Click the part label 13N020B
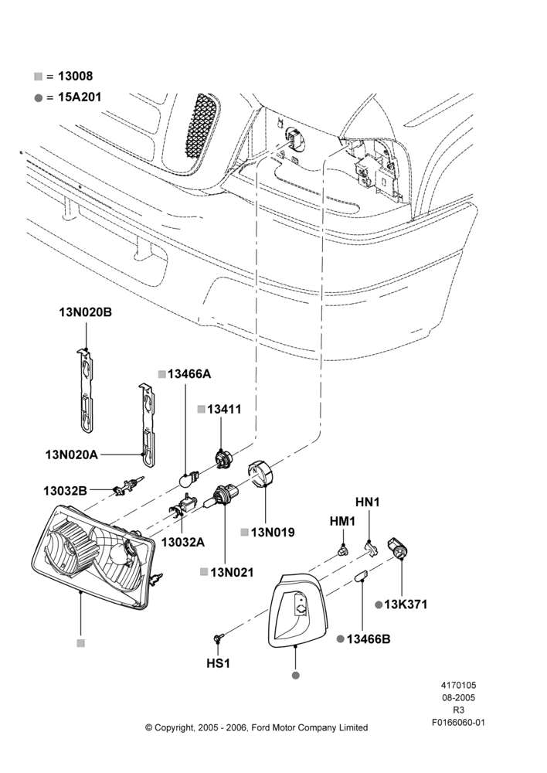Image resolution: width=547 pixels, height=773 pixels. coord(85,312)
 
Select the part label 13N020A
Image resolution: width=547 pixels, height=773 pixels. coord(71,455)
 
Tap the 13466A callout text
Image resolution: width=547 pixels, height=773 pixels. coord(189,374)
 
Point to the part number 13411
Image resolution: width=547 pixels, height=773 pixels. coord(224,409)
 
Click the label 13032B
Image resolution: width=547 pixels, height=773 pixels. coord(65,491)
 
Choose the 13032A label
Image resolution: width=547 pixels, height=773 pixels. coord(183,543)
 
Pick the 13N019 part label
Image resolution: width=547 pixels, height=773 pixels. coord(273,533)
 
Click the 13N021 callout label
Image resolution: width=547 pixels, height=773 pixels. coord(232,572)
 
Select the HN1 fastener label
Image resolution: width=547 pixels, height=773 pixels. coord(368,502)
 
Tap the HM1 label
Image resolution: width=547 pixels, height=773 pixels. coord(342,521)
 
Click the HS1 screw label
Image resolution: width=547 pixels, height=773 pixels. coord(219,663)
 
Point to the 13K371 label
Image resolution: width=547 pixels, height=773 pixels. coord(406,604)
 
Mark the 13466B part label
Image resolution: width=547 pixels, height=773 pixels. coord(369,639)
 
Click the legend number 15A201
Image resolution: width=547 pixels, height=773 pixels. coord(80,97)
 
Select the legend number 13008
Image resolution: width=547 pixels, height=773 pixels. coord(76,76)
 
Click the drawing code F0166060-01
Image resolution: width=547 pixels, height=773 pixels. coord(458,723)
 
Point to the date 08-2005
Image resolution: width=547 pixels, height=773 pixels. coord(458,697)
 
